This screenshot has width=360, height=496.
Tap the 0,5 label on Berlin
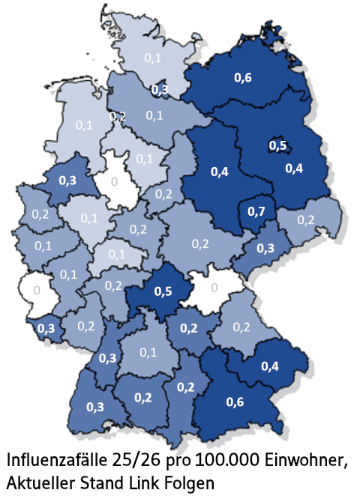pyautogui.click(x=277, y=145)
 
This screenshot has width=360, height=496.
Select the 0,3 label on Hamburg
pyautogui.click(x=160, y=90)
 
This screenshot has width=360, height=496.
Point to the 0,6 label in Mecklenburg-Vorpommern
pyautogui.click(x=243, y=77)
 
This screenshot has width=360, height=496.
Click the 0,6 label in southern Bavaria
pyautogui.click(x=235, y=402)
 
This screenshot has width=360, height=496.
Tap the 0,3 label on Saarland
pyautogui.click(x=46, y=328)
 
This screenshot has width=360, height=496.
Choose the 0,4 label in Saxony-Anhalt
pyautogui.click(x=220, y=172)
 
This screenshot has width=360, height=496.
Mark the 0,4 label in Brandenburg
pyautogui.click(x=295, y=168)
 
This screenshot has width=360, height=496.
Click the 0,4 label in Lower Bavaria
pyautogui.click(x=270, y=366)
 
